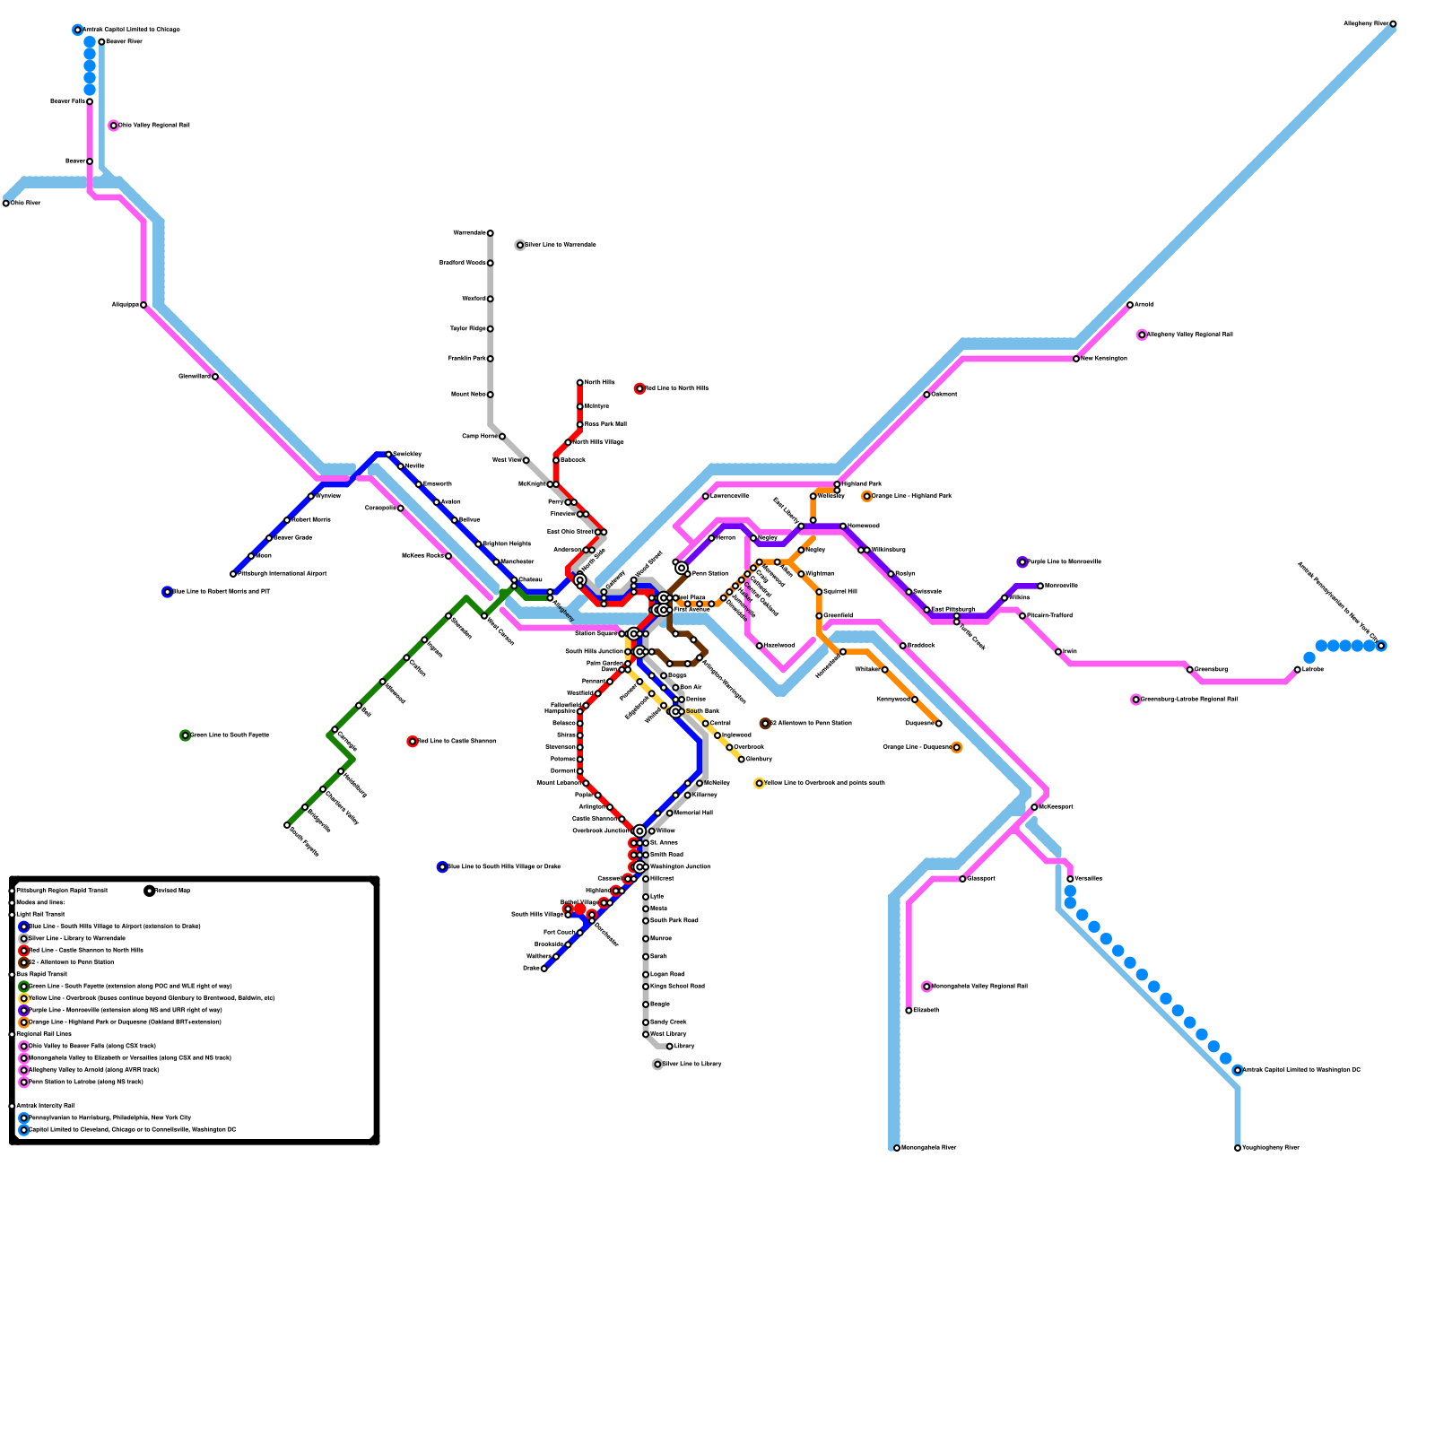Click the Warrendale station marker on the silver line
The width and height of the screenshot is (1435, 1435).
point(491,233)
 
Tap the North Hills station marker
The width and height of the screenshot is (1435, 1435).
point(580,383)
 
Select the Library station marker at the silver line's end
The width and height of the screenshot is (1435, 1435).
point(670,1047)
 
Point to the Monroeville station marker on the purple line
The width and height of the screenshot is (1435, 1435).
point(1040,586)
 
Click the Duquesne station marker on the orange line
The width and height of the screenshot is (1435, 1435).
point(939,723)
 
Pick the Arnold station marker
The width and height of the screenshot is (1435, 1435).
point(1130,305)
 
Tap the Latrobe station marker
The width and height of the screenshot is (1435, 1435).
point(1298,669)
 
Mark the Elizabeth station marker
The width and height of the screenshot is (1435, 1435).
point(909,1011)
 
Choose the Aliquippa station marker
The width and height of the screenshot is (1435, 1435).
point(143,305)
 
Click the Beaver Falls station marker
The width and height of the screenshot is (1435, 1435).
point(90,101)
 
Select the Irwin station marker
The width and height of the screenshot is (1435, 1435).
point(1058,651)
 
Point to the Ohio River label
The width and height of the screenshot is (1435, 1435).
point(26,204)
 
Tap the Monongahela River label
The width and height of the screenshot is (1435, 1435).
point(928,1148)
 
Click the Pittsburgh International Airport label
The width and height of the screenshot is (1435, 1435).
point(282,574)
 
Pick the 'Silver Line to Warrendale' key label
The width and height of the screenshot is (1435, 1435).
point(561,245)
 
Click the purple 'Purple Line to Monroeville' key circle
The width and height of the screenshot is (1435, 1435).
point(1022,562)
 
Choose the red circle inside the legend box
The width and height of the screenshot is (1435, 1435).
point(24,951)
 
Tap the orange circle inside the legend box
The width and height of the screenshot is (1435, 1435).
point(24,1022)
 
